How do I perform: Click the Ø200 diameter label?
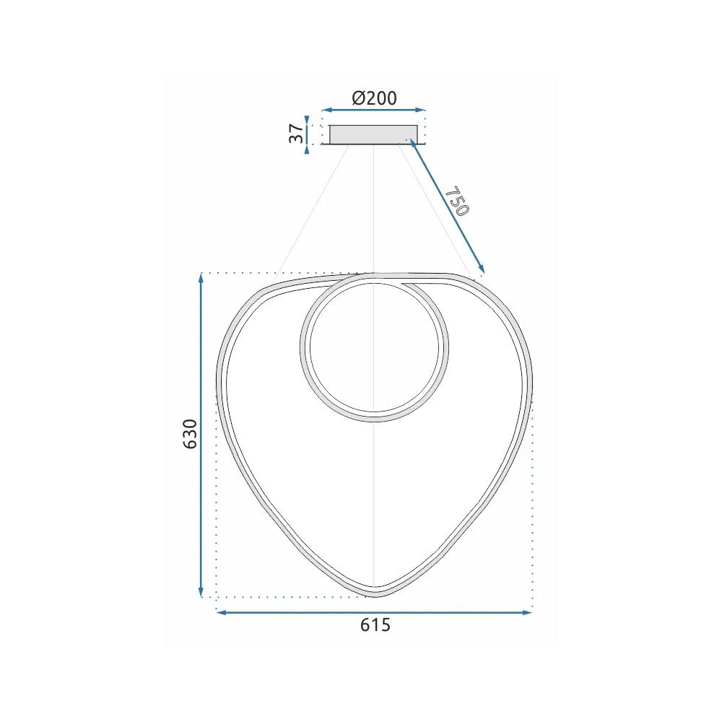click(x=374, y=98)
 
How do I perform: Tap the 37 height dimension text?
click(x=296, y=134)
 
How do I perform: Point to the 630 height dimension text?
click(x=190, y=433)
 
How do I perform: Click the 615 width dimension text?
click(x=375, y=625)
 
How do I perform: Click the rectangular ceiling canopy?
click(x=373, y=134)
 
